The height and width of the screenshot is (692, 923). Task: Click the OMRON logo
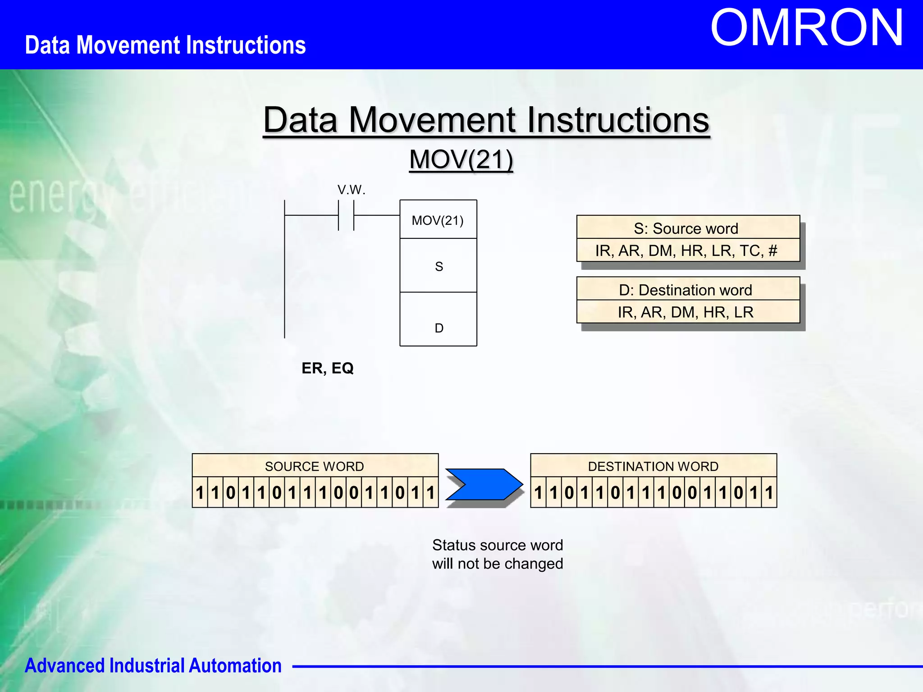[x=807, y=28]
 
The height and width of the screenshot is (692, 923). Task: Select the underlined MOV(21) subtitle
[x=461, y=159]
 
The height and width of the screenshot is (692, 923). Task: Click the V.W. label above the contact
[x=351, y=190]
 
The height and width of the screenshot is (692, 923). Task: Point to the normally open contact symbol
[x=346, y=215]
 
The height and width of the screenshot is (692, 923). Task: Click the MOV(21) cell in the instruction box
[x=438, y=220]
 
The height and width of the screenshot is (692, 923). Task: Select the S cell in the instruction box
[x=439, y=266]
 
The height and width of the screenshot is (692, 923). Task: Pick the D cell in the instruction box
[x=439, y=328]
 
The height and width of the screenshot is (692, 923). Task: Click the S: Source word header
[x=688, y=228]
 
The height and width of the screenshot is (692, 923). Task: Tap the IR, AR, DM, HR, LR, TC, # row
[x=688, y=250]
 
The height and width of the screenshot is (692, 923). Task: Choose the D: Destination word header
[x=688, y=290]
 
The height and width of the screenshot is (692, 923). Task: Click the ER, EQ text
[x=327, y=368]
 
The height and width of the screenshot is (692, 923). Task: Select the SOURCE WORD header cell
[x=315, y=466]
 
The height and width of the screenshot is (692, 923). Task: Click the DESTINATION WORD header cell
[x=653, y=466]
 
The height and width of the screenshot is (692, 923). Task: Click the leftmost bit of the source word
[x=200, y=492]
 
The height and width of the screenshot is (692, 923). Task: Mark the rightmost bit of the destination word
[x=769, y=492]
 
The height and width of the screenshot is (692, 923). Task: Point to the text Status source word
[x=497, y=545]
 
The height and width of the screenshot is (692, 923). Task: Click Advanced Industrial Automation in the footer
[x=153, y=665]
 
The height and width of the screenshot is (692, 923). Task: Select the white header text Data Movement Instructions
[x=165, y=45]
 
